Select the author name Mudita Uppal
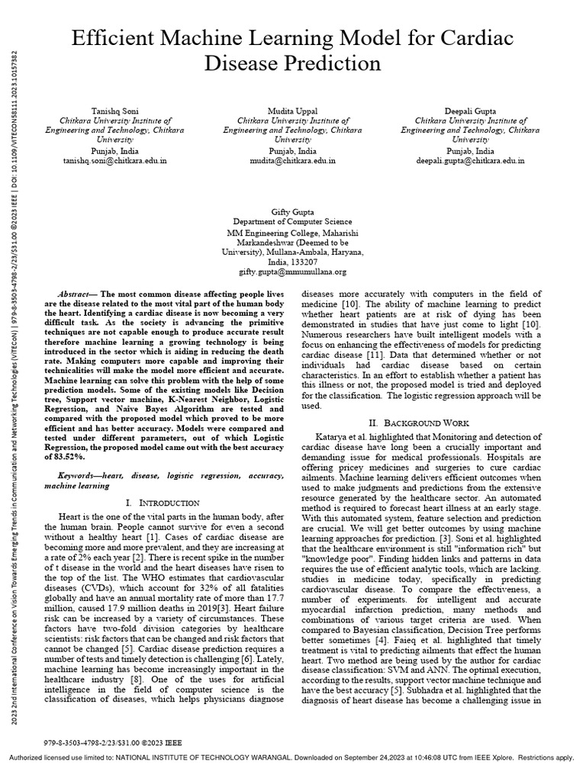(293, 110)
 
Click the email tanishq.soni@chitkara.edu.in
(114, 161)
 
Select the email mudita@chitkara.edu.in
(293, 161)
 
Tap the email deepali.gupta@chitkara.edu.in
(471, 161)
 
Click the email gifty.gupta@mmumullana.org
(293, 272)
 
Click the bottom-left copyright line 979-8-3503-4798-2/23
(113, 742)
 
